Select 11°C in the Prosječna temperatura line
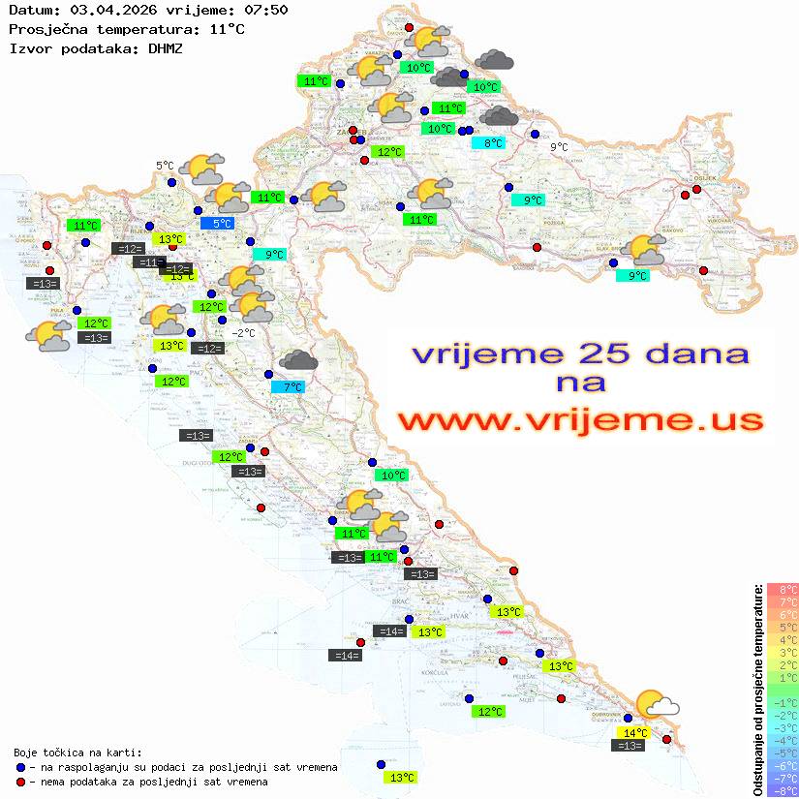coord(227,29)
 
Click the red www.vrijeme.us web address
coord(580,420)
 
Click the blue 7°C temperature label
coord(288,387)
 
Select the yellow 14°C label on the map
coord(635,733)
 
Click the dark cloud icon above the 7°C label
coord(298,361)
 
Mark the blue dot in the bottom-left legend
coord(20,767)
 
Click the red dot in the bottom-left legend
coord(20,782)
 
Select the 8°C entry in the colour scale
coord(782,589)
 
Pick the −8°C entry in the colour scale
coord(782,790)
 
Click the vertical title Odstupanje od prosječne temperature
coord(758,690)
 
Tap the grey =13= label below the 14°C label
coord(629,746)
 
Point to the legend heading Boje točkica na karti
coord(77,753)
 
